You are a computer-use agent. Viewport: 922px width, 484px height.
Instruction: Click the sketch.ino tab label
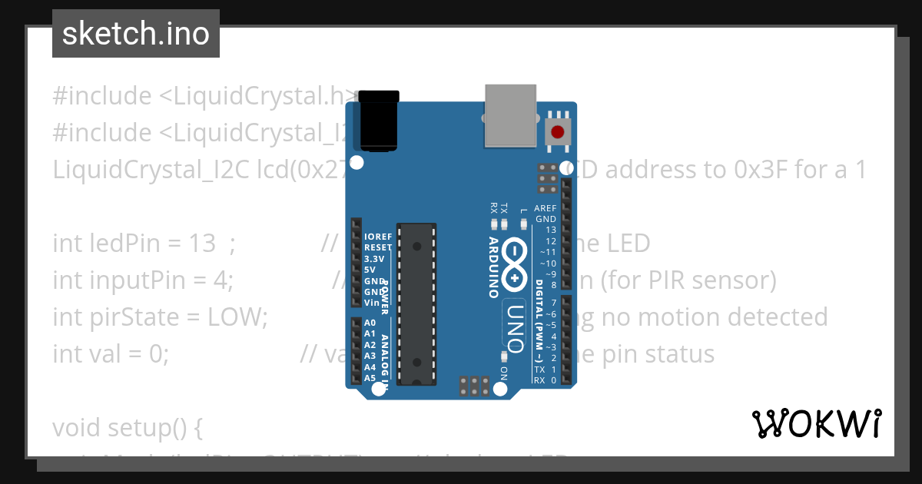[x=136, y=34]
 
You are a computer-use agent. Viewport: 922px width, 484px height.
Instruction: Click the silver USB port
[x=510, y=114]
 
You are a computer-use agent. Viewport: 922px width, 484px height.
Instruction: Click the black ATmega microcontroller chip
[x=416, y=304]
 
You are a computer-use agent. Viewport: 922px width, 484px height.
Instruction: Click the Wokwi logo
[x=816, y=423]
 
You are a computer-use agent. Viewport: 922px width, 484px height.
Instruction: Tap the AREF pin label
[x=546, y=208]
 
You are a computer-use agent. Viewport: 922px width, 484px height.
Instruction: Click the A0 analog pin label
[x=370, y=323]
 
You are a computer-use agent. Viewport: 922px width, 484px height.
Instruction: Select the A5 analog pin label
[x=370, y=378]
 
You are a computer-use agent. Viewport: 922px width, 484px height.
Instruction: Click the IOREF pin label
[x=378, y=237]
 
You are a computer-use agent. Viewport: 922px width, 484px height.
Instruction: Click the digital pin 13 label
[x=550, y=230]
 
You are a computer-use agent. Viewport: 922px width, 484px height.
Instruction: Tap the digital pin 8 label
[x=553, y=285]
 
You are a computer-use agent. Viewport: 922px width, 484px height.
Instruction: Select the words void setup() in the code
[x=128, y=427]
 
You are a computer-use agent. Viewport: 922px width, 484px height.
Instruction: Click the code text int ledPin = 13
[x=134, y=244]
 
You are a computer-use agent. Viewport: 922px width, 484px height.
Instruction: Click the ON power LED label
[x=504, y=373]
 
